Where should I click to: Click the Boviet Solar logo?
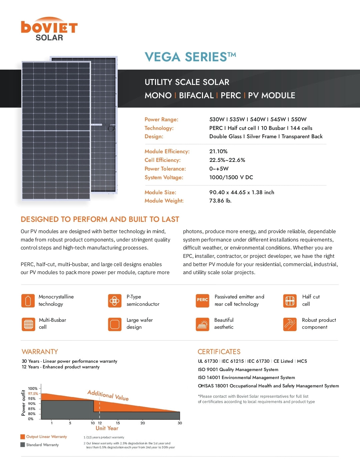pos(49,29)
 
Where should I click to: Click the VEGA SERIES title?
pos(190,57)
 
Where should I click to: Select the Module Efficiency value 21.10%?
pos(218,152)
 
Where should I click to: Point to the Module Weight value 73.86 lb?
pos(220,201)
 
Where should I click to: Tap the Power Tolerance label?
pos(165,169)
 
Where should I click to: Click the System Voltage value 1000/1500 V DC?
pos(231,178)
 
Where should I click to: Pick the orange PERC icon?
pos(202,300)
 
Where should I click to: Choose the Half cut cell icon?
pos(290,301)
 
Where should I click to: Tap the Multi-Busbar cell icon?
pos(28,324)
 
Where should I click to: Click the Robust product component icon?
pos(290,324)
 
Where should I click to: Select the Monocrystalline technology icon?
pos(28,300)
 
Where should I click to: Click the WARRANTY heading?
pos(40,352)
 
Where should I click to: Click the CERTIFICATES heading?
pos(219,352)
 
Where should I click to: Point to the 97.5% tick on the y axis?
pos(33,394)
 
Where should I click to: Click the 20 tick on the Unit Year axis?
pos(143,423)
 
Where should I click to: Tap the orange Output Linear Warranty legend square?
pos(23,437)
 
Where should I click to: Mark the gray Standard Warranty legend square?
pos(23,445)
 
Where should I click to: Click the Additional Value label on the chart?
pos(108,395)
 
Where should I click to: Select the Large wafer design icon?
pos(115,324)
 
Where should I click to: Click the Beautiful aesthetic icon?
pos(202,324)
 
